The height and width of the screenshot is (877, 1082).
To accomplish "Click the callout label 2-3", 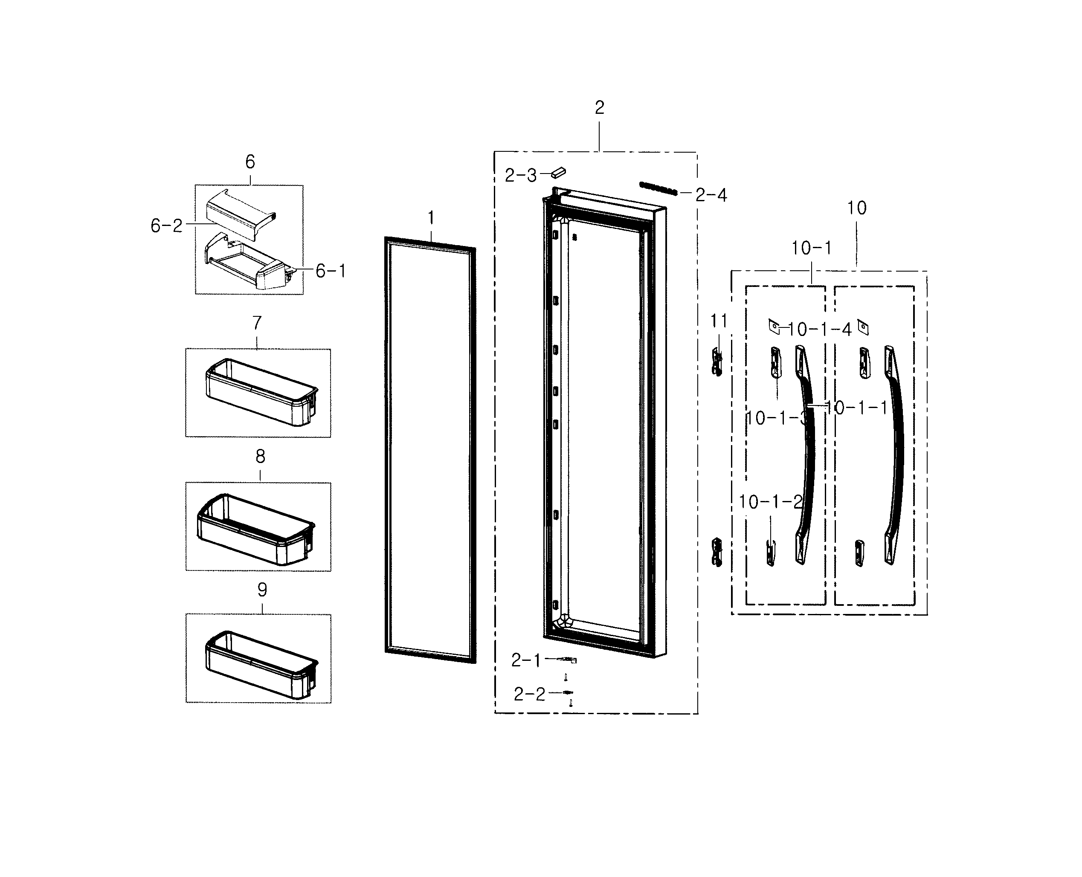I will (521, 175).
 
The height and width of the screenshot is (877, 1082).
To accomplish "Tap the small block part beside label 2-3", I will (558, 173).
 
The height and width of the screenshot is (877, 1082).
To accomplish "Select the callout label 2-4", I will (711, 195).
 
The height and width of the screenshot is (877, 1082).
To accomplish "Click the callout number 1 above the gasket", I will (431, 218).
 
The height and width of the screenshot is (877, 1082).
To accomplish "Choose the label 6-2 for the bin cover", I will (166, 225).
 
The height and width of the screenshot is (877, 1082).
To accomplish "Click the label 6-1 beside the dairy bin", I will (331, 271).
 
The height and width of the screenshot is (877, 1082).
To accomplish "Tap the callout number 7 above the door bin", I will (257, 322).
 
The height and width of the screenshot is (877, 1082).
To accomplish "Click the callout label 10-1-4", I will (819, 330).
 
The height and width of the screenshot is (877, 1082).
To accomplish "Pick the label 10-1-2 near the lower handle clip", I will (770, 502).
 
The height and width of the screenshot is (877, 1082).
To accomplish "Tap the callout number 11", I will (719, 321).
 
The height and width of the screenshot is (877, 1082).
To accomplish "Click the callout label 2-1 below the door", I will (525, 660).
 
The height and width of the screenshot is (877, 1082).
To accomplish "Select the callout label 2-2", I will (529, 694).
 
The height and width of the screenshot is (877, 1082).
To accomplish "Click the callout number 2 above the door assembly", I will (599, 107).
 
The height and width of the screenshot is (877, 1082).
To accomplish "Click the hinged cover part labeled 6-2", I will (240, 215).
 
